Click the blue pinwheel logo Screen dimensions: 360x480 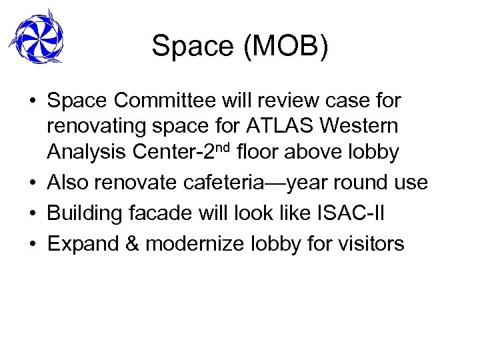[38, 37]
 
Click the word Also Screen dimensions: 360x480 [69, 183]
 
